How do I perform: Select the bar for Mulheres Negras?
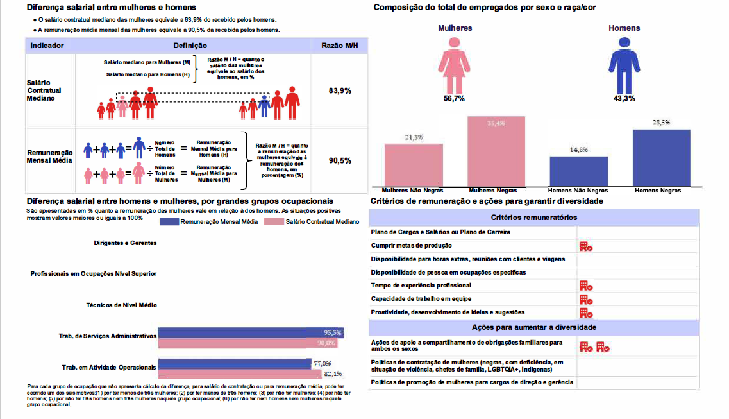tap(496, 151)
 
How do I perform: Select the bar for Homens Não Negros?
tap(579, 171)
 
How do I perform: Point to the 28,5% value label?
tap(661, 123)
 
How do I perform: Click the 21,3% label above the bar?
tap(413, 137)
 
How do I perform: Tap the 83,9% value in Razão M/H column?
tap(340, 91)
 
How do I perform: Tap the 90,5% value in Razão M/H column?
tap(340, 160)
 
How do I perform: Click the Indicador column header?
tap(47, 46)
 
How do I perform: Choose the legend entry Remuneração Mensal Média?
tap(210, 221)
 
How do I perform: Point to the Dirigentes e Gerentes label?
tap(125, 243)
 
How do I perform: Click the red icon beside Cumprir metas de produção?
tap(585, 246)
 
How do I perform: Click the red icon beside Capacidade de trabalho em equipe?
tap(585, 299)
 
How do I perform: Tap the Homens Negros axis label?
tap(658, 191)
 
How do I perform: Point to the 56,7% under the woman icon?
tap(454, 99)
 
